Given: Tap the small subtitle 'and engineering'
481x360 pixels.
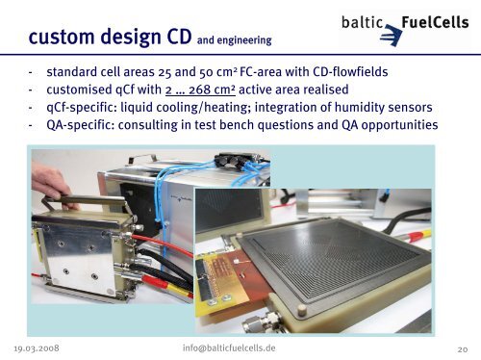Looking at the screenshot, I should click(x=234, y=41).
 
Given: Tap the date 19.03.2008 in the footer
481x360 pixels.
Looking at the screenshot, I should click(x=43, y=347).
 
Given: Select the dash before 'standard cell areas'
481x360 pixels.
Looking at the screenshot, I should click(x=33, y=71).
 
